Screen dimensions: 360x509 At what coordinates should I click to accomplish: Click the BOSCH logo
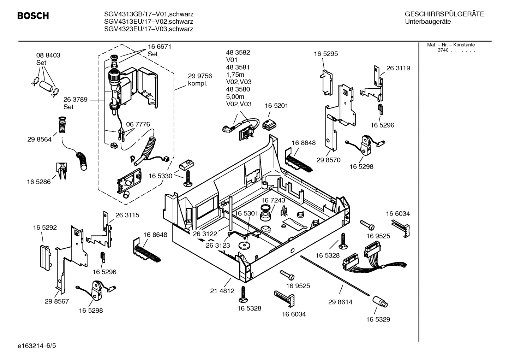tap(33, 16)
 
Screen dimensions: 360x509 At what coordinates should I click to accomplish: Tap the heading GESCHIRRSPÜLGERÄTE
tap(444, 14)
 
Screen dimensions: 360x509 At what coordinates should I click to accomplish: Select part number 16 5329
tap(378, 319)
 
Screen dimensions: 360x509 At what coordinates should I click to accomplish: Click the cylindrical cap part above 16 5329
tap(379, 302)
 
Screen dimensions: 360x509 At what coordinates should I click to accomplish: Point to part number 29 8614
tap(340, 302)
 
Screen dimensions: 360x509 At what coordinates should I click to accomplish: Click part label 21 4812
tap(222, 291)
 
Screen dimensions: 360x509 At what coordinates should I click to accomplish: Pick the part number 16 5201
tap(276, 106)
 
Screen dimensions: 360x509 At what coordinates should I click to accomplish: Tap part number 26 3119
tap(398, 68)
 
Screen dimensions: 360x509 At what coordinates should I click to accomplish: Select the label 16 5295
tap(325, 54)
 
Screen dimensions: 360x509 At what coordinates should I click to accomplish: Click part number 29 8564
tap(39, 139)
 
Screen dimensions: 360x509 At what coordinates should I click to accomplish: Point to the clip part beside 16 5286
tap(61, 171)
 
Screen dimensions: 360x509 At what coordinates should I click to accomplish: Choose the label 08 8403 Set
tap(48, 59)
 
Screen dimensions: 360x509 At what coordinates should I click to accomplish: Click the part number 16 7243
tap(273, 200)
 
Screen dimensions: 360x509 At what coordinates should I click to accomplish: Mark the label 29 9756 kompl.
tap(199, 79)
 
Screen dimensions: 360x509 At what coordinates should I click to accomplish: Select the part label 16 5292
tap(45, 228)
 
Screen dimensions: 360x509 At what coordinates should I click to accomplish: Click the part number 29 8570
tap(328, 160)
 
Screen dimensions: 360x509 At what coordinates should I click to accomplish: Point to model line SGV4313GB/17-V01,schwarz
tap(149, 14)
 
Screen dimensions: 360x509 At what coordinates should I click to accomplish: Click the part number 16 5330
tap(160, 176)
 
